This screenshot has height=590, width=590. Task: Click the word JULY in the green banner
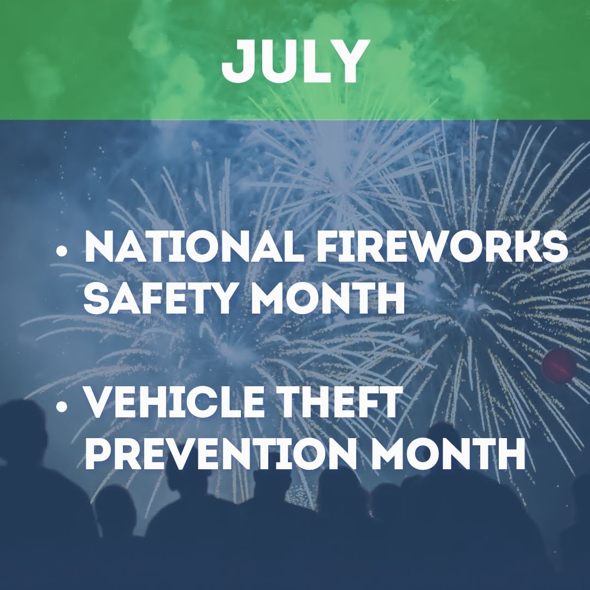[293, 62]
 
